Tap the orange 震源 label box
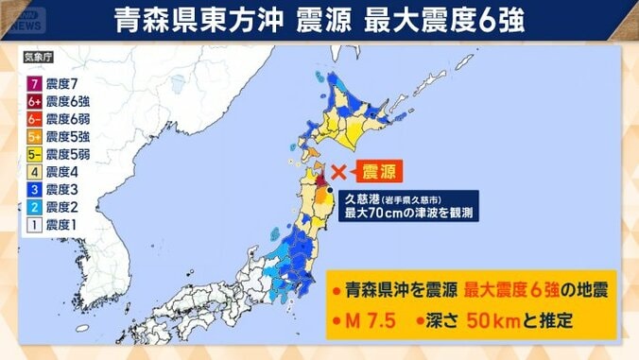point(375,172)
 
